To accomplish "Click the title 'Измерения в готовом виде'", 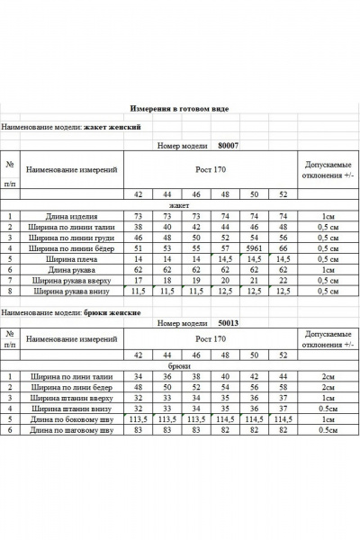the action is [x=179, y=108].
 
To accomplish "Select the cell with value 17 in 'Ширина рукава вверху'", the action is [x=139, y=280].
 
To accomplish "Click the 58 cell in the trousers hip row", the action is [x=283, y=387].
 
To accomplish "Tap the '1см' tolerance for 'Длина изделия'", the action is [x=328, y=217].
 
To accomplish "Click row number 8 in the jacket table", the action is [x=9, y=291].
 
